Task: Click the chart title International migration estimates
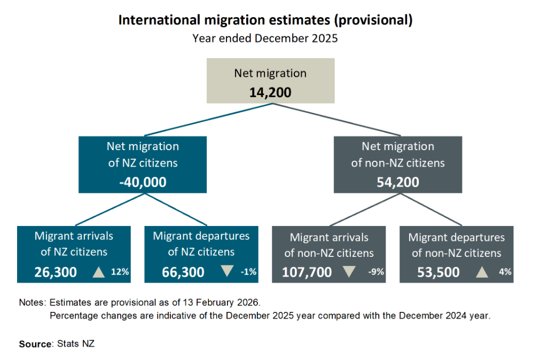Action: click(x=265, y=20)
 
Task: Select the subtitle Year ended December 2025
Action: click(x=265, y=38)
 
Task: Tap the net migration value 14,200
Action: click(x=270, y=92)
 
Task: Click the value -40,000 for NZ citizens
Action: click(x=143, y=182)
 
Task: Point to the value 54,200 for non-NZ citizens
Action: click(x=398, y=182)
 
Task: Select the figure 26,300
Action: click(x=56, y=272)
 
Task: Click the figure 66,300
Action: click(x=183, y=272)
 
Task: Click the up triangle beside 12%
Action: click(x=98, y=272)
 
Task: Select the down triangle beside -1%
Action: click(x=227, y=271)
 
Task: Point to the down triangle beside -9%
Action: click(x=349, y=271)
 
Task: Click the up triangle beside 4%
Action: click(x=482, y=272)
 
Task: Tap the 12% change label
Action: click(x=120, y=272)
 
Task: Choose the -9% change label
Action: click(x=376, y=272)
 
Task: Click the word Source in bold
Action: click(x=35, y=344)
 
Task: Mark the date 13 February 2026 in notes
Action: click(x=224, y=302)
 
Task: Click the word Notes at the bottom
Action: click(x=32, y=302)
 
